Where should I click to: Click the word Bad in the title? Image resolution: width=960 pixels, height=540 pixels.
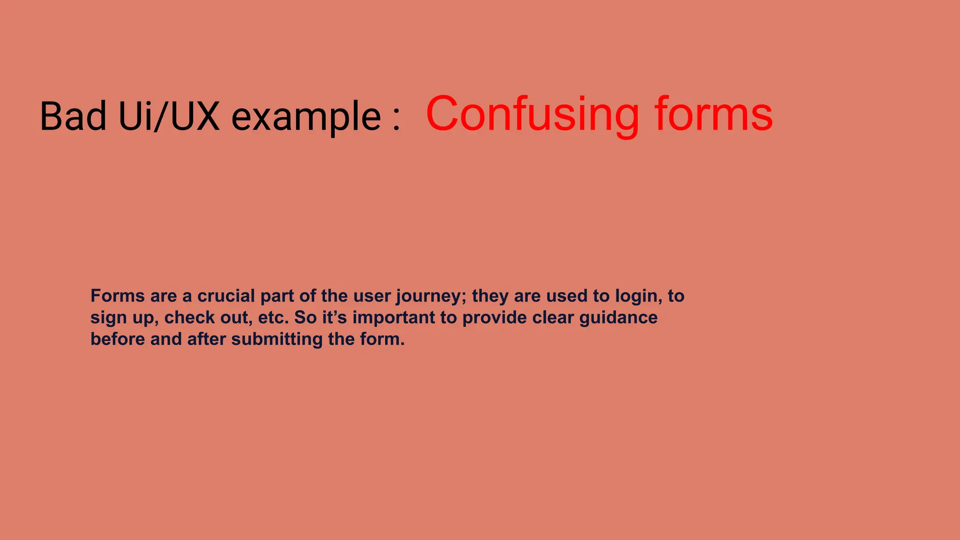[x=73, y=116]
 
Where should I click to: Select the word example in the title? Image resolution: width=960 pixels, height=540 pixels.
[x=307, y=117]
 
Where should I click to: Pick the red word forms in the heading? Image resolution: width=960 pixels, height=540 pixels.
[x=713, y=114]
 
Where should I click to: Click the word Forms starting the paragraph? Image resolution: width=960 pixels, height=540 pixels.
[x=117, y=296]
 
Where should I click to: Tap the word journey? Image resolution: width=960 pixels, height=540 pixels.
[x=431, y=297]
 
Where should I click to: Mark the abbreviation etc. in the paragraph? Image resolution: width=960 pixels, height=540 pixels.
[x=273, y=317]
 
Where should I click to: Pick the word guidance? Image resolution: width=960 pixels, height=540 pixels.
[x=618, y=318]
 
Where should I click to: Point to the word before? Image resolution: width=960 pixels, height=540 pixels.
[x=118, y=339]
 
